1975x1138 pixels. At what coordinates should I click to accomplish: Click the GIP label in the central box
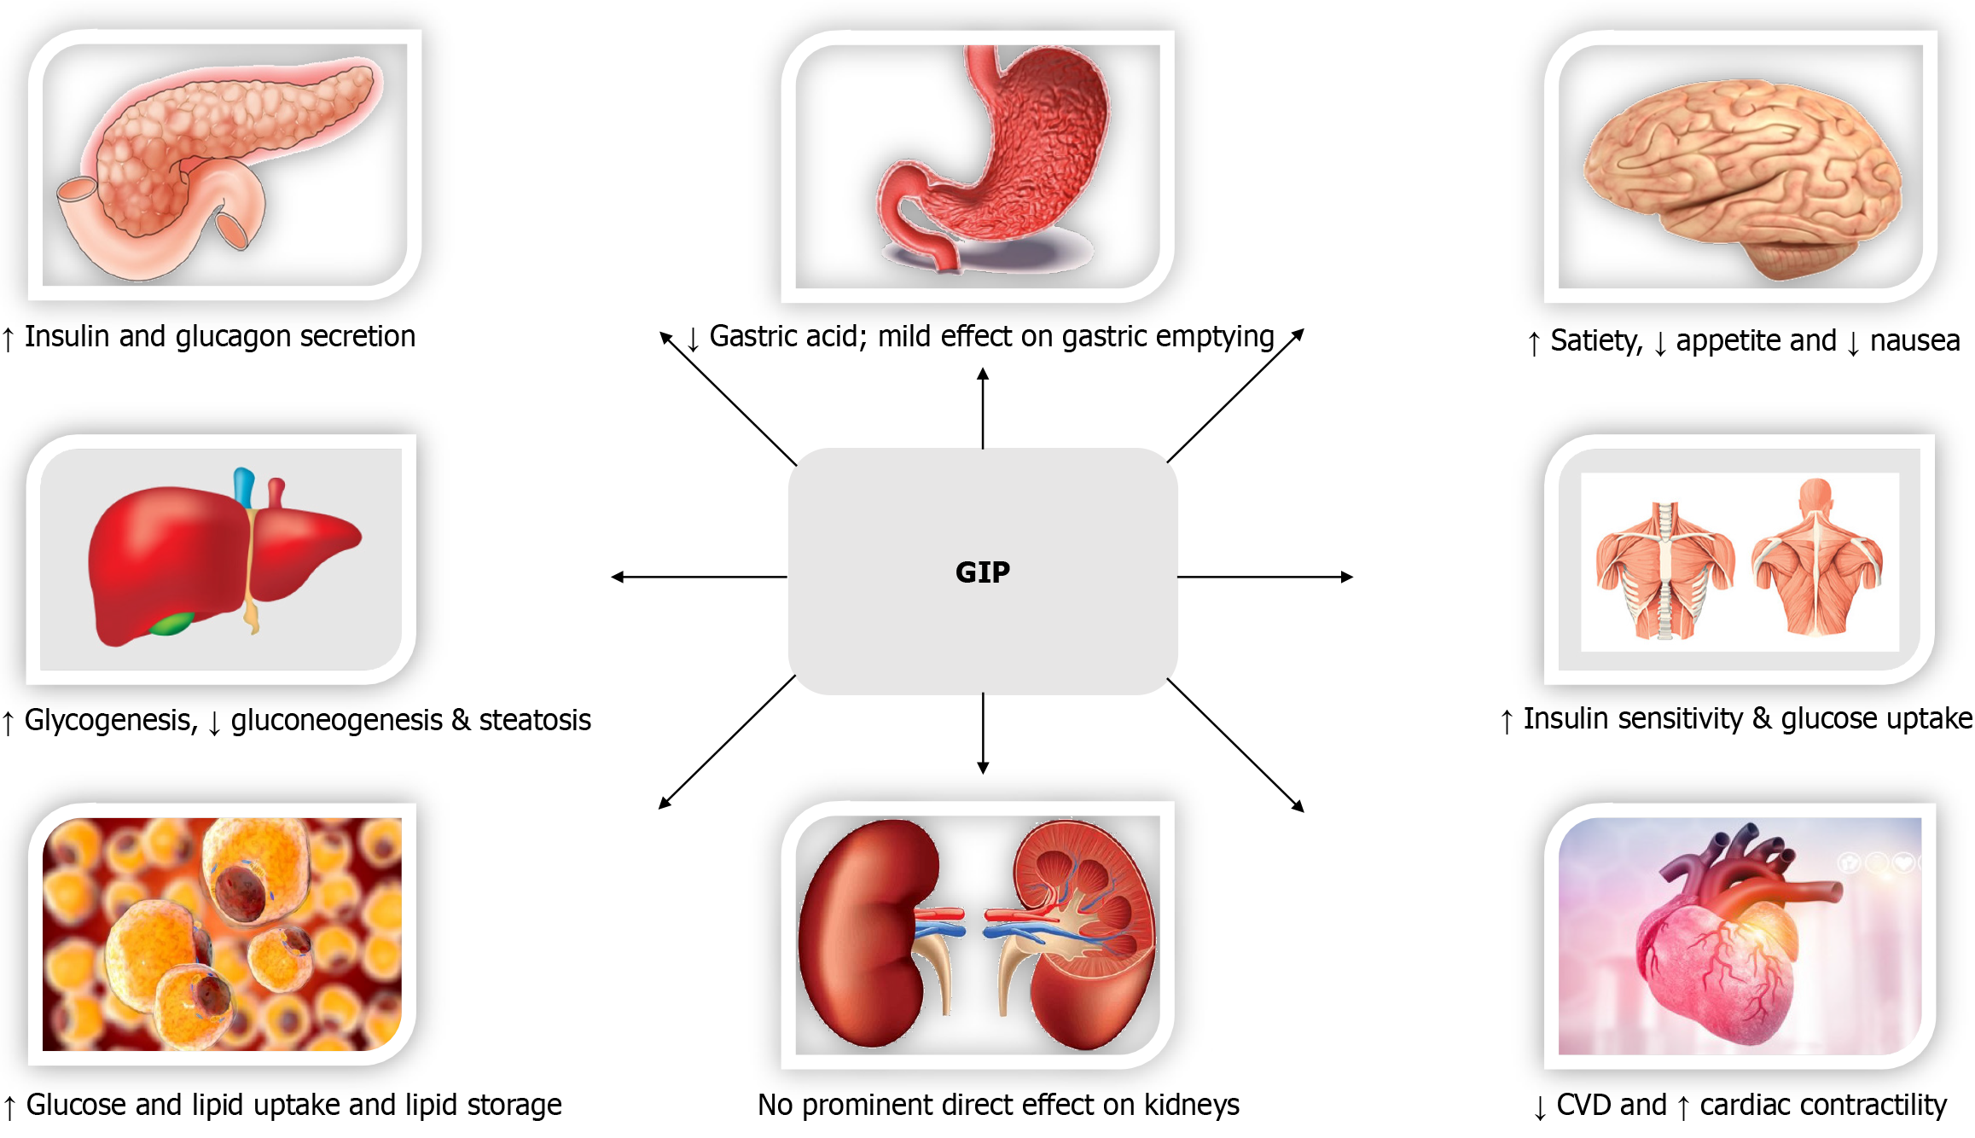(x=982, y=572)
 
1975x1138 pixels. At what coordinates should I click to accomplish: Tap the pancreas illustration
(x=213, y=162)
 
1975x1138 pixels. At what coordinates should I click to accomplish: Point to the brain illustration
(x=1740, y=179)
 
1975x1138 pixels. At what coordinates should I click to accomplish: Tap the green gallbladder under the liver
(x=171, y=624)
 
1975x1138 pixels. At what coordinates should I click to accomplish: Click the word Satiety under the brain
(x=1596, y=341)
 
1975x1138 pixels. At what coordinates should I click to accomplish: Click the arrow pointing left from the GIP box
(x=699, y=578)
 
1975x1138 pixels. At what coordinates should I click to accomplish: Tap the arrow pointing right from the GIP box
(x=1265, y=578)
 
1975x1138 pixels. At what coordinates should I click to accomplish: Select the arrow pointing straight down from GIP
(x=983, y=734)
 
